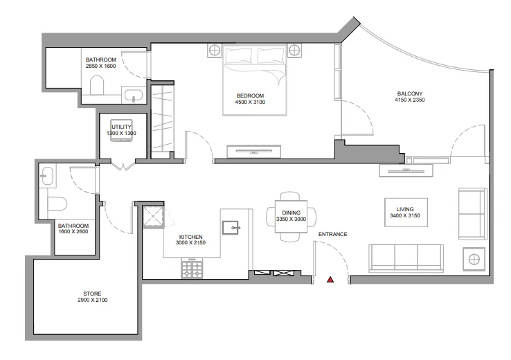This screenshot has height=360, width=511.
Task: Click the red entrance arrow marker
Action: tap(330, 280)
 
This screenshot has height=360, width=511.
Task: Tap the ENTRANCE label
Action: tap(332, 234)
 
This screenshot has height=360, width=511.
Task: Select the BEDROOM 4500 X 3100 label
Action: tap(250, 99)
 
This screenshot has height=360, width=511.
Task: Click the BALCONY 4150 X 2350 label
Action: tap(410, 96)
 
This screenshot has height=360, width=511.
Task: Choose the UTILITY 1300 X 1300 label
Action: tap(123, 129)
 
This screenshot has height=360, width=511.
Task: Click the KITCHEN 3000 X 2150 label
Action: tap(189, 240)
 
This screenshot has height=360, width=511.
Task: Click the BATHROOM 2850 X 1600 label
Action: tap(101, 63)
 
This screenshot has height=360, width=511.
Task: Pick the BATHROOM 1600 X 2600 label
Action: tap(73, 229)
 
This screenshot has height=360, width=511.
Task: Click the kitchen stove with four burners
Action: tap(192, 269)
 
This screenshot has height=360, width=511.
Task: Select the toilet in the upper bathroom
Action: tap(97, 86)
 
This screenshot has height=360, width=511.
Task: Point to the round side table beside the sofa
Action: tap(474, 260)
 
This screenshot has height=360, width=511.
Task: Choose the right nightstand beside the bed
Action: tap(295, 51)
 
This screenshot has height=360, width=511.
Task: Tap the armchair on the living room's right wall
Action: tap(472, 213)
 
